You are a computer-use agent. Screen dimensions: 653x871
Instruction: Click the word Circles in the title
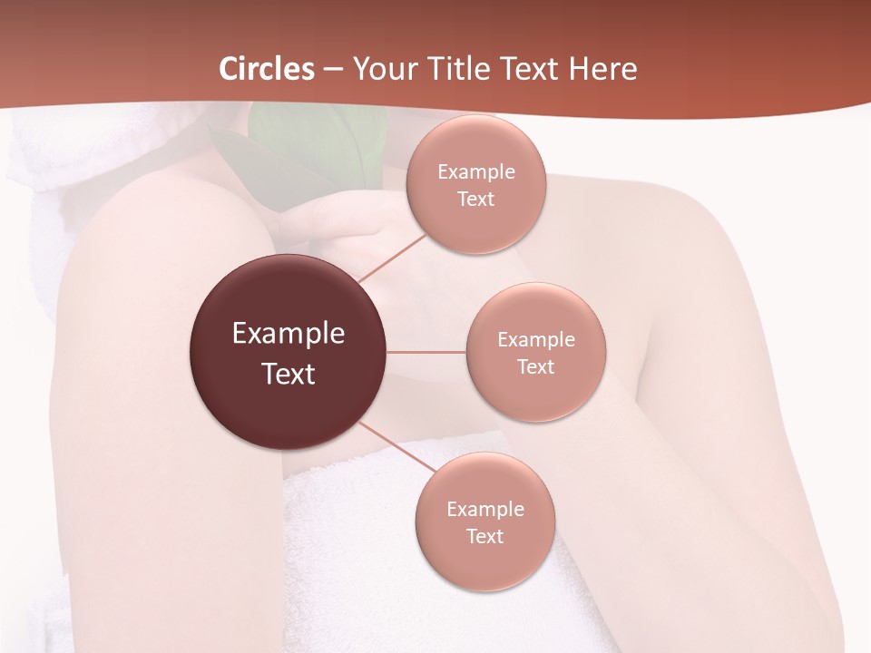tap(266, 69)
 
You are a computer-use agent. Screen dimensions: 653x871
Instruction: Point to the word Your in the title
tap(384, 69)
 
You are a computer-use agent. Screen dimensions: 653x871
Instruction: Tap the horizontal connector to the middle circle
tap(426, 352)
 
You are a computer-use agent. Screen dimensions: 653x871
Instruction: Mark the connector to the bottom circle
tap(393, 447)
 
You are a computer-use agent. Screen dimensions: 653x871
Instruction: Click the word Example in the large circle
tap(289, 334)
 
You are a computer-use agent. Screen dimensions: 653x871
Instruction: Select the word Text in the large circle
tap(289, 374)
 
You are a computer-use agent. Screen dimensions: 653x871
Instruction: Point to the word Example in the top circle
tap(476, 172)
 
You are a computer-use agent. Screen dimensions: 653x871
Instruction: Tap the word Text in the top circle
tap(475, 200)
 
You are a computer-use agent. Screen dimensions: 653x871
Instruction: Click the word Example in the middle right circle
tap(536, 340)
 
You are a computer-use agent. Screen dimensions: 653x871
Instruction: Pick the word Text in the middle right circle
tap(535, 367)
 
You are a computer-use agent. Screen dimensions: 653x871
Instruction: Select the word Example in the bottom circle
tap(485, 510)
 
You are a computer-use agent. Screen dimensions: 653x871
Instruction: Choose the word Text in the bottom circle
tap(484, 537)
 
